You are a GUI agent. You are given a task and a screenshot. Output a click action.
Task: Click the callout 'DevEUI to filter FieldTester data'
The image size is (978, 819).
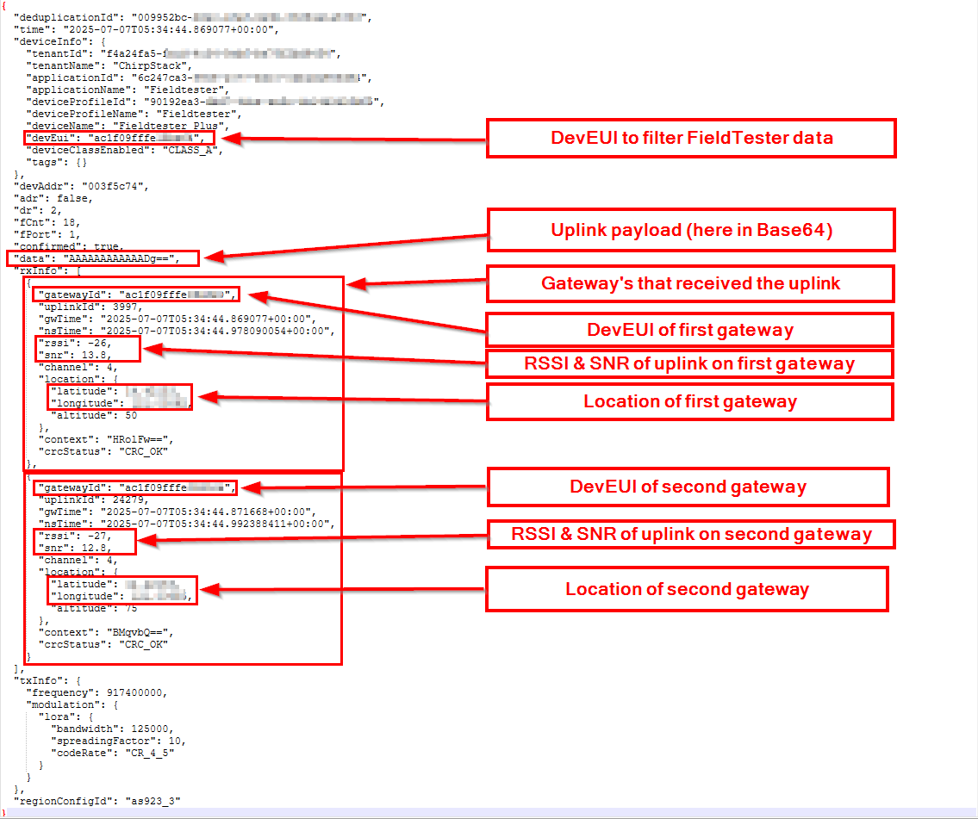point(691,138)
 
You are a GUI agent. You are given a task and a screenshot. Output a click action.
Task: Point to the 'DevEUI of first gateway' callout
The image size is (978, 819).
point(689,330)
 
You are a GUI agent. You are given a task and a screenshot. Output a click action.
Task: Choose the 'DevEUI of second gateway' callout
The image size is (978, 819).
point(688,487)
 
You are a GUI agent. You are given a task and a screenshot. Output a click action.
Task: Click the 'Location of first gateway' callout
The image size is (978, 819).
point(689,401)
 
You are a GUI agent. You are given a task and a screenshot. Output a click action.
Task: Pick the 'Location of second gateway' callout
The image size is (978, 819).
point(687,589)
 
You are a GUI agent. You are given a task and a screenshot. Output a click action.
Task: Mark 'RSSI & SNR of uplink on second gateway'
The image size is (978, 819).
point(691,535)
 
